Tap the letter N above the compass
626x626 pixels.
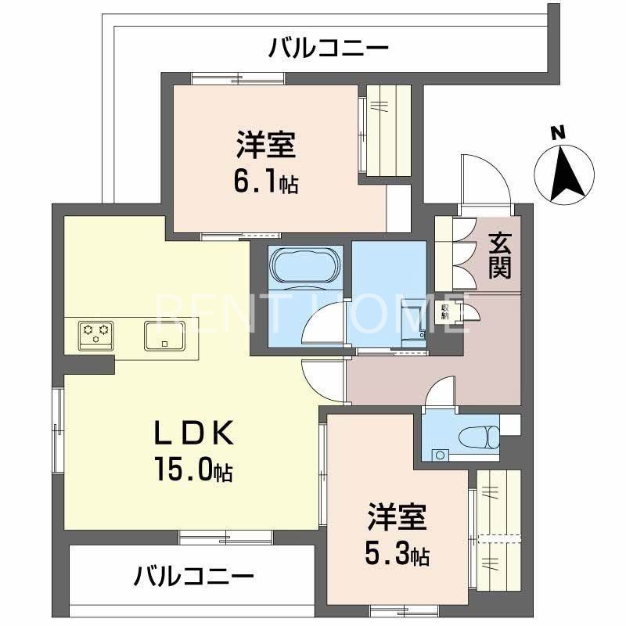pyautogui.click(x=557, y=132)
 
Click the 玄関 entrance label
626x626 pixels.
pyautogui.click(x=500, y=256)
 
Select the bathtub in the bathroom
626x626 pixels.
pyautogui.click(x=305, y=266)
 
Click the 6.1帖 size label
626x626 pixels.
pyautogui.click(x=266, y=185)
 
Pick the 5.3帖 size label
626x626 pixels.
pyautogui.click(x=398, y=556)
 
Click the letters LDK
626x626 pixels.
pyautogui.click(x=192, y=432)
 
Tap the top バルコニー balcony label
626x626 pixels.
pyautogui.click(x=329, y=49)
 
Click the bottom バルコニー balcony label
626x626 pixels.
pyautogui.click(x=194, y=578)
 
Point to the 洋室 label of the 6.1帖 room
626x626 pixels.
pyautogui.click(x=266, y=146)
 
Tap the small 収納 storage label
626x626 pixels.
pyautogui.click(x=445, y=311)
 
